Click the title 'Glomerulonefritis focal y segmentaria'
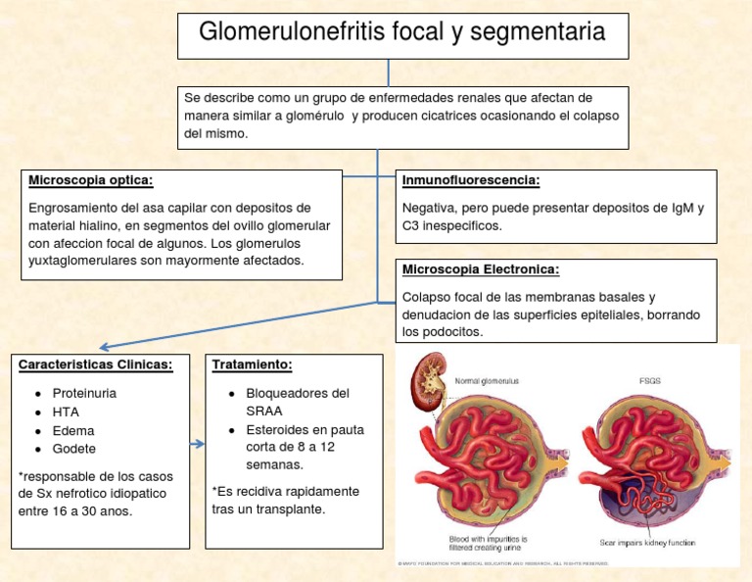click(x=401, y=33)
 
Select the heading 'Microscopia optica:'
click(x=90, y=180)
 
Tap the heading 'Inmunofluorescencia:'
click(x=471, y=180)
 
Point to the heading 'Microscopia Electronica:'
click(x=480, y=269)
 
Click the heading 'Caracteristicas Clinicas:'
click(x=96, y=364)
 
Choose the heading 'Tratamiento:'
click(x=252, y=364)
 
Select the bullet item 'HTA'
click(x=66, y=412)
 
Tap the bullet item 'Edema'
click(x=73, y=430)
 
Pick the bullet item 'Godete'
click(x=74, y=449)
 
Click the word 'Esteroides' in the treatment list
click(x=278, y=429)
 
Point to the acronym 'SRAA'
click(x=264, y=411)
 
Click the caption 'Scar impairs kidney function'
click(x=646, y=542)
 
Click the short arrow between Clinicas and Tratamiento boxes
click(x=197, y=444)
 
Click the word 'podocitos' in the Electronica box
click(x=452, y=332)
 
